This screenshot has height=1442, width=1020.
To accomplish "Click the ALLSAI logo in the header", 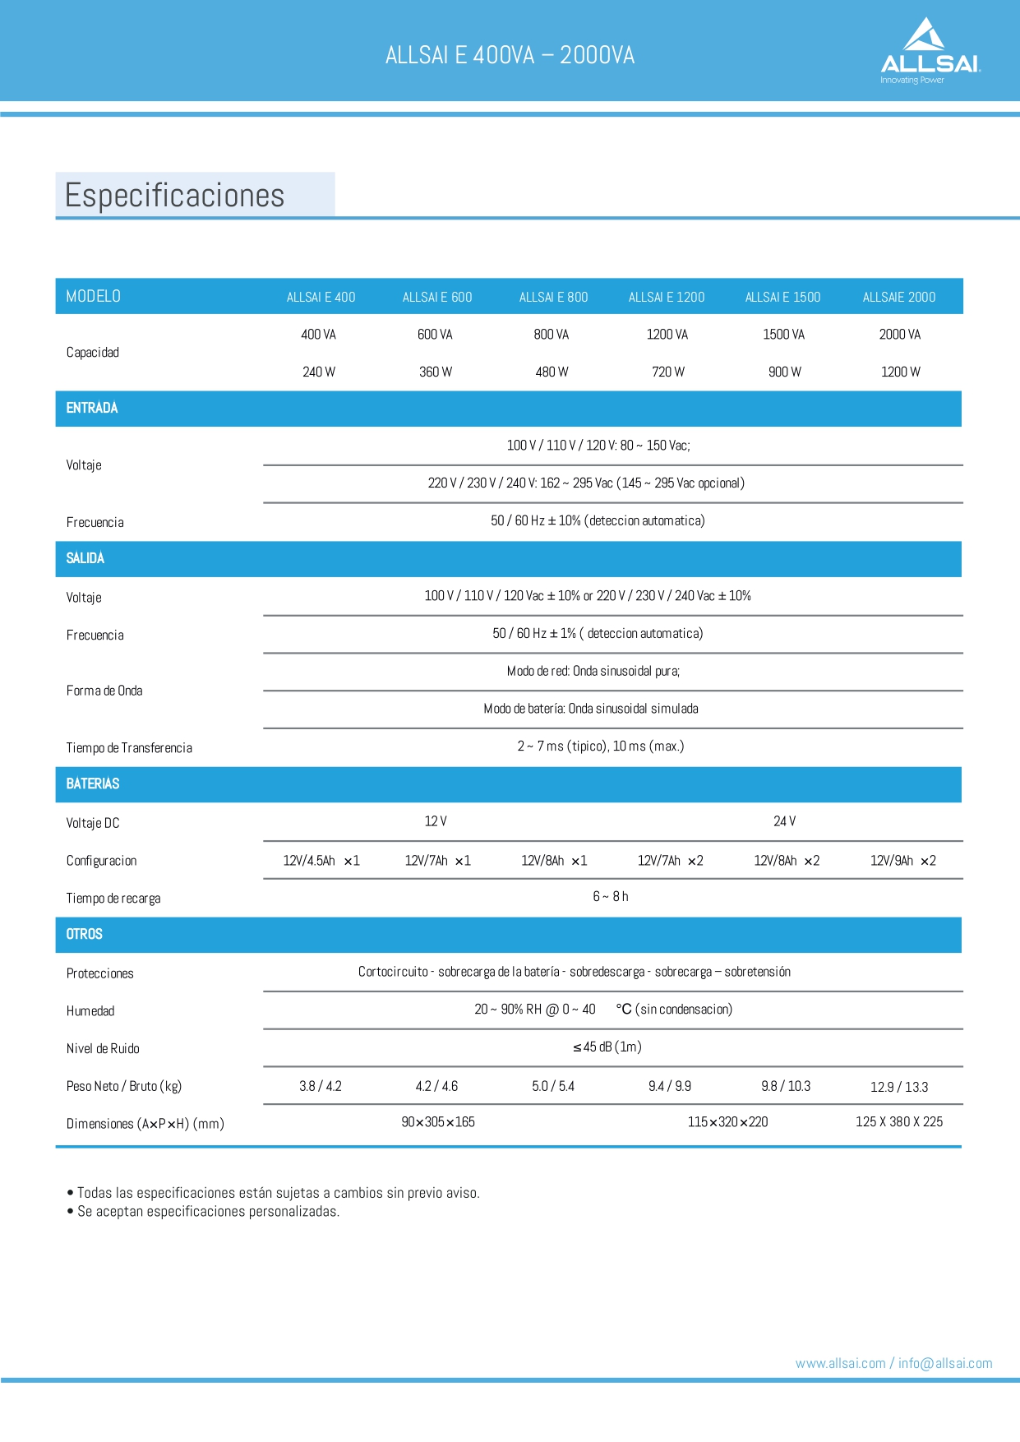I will [x=930, y=51].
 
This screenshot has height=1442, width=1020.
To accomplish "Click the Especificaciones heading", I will [x=174, y=196].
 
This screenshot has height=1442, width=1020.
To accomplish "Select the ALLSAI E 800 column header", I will [x=553, y=297].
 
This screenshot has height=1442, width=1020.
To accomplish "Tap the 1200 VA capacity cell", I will [x=667, y=335].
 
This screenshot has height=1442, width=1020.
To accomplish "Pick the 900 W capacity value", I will [x=784, y=372].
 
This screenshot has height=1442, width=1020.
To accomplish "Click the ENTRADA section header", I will [x=92, y=408].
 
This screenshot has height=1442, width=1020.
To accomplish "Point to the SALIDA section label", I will [x=85, y=558].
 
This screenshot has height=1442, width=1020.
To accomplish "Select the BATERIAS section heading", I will [x=93, y=783].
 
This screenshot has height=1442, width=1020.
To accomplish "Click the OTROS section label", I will [x=85, y=934].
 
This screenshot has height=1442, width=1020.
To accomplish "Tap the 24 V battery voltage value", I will [x=784, y=821].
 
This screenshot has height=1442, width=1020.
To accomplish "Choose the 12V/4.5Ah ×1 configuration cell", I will [x=321, y=861].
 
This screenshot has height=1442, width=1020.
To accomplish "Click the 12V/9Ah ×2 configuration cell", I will [x=902, y=861].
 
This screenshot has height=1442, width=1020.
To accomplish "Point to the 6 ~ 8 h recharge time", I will [x=611, y=896].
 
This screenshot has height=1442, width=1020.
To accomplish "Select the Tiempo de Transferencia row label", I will [x=129, y=747].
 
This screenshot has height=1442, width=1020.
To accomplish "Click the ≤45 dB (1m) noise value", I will [x=607, y=1047].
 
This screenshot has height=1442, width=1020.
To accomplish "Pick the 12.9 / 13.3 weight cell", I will [x=898, y=1087].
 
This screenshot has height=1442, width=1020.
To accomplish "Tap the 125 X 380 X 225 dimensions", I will [x=898, y=1121].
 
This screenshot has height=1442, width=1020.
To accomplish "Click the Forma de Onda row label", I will [x=104, y=691].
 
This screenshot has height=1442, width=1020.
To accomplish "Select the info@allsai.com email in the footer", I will [x=945, y=1363].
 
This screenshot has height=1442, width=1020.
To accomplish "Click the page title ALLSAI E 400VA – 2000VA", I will [x=510, y=55].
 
